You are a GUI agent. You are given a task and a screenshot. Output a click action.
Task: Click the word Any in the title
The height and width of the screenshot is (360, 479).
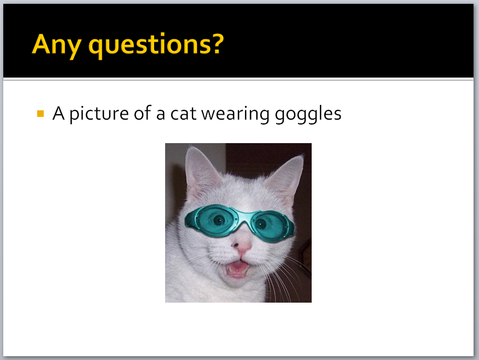56,45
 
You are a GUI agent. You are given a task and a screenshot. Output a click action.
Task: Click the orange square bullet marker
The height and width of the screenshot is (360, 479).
40,114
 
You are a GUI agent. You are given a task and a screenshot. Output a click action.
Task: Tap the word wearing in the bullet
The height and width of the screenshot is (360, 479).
235,114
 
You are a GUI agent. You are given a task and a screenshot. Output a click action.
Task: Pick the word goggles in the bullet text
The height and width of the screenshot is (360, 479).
308,114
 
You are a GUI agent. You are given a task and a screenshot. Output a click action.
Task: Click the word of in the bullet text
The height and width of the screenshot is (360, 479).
143,113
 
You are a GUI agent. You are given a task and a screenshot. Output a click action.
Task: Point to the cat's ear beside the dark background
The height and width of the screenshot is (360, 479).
286,179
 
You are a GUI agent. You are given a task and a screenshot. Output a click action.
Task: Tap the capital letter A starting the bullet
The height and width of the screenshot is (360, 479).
59,113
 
